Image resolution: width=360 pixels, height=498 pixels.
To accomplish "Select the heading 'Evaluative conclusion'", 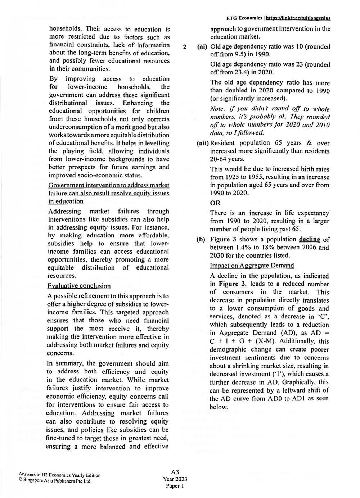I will click(x=79, y=286).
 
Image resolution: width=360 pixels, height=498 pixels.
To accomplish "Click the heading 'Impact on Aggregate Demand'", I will click(x=252, y=266).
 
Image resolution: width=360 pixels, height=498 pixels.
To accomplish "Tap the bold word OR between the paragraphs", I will click(x=215, y=203).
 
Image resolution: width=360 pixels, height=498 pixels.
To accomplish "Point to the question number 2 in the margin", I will click(x=185, y=47).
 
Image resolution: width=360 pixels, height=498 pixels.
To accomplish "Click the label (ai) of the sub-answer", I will click(x=203, y=47).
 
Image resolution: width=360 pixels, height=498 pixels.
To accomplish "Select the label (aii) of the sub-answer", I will click(x=203, y=143).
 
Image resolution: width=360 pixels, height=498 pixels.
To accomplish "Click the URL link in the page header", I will click(x=298, y=18).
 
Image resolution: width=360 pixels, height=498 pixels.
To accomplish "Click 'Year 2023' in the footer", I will click(x=175, y=479).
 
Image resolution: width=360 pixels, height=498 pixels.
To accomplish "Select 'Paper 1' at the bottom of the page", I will click(x=175, y=486).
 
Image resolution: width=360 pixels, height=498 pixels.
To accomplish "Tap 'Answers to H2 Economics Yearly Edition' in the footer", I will click(x=60, y=475).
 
